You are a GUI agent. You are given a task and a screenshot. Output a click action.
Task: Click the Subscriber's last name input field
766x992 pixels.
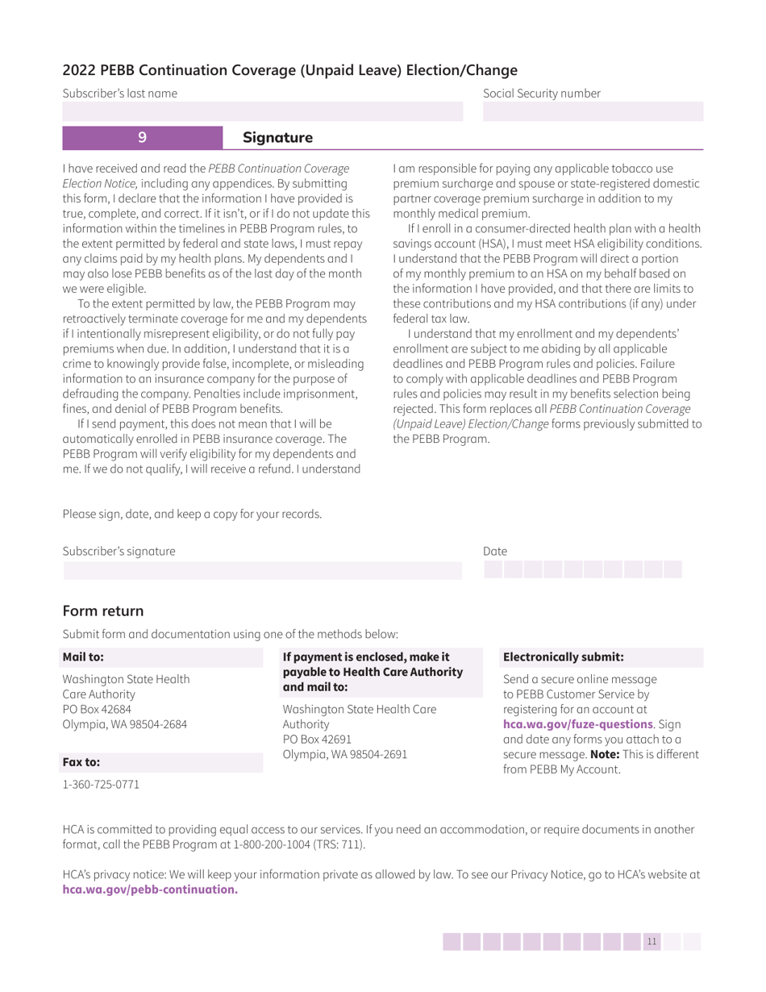click(x=263, y=111)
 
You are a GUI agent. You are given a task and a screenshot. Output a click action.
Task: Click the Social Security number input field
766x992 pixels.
click(x=593, y=111)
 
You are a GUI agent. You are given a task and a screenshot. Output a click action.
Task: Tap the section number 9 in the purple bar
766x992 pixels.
click(x=142, y=138)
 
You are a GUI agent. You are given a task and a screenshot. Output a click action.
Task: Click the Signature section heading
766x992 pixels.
click(x=277, y=138)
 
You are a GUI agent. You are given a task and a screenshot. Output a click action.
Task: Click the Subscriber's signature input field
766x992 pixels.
click(x=263, y=570)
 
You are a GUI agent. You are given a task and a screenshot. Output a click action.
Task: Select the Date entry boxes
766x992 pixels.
click(x=583, y=570)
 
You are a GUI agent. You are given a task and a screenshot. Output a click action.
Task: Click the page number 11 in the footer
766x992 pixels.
click(x=652, y=942)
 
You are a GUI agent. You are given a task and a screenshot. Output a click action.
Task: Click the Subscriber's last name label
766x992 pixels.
click(x=120, y=94)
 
